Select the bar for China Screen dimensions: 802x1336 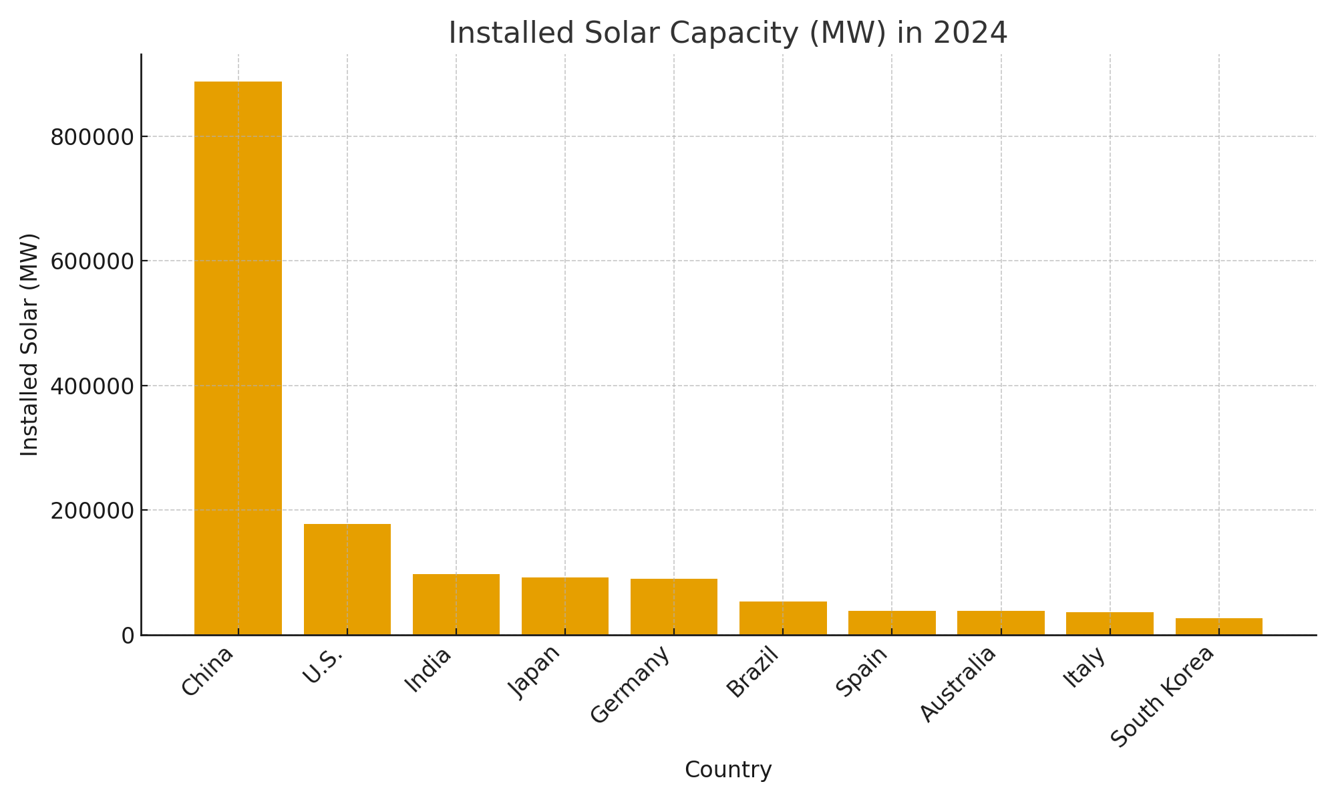(238, 358)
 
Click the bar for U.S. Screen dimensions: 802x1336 (347, 579)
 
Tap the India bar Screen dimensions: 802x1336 (456, 604)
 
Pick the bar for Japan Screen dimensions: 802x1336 (565, 606)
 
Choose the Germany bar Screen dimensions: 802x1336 (674, 606)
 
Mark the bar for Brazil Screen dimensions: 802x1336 (783, 618)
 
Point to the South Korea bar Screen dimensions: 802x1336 (1219, 626)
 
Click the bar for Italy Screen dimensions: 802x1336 (1110, 623)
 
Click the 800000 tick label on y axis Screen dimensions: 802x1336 (92, 137)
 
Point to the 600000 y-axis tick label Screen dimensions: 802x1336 (92, 261)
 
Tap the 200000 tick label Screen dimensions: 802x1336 (92, 511)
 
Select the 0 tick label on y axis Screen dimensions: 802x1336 (128, 636)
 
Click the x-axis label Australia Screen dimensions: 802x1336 (959, 684)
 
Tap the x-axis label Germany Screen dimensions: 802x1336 (631, 684)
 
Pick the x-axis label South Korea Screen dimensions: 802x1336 (1162, 696)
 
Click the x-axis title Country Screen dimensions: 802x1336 (728, 770)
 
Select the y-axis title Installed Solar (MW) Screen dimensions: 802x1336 (29, 345)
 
